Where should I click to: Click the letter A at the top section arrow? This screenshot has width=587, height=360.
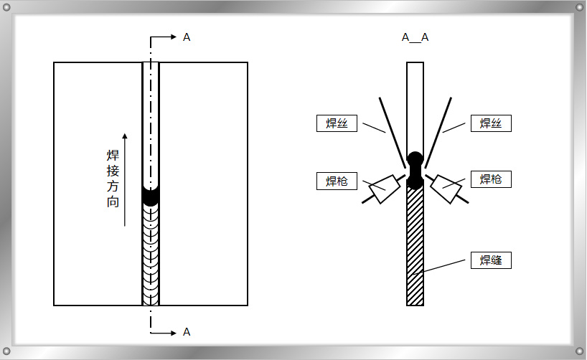(x=187, y=37)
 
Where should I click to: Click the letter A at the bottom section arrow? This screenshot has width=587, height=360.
(x=187, y=332)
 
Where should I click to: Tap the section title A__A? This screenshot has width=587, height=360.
(x=415, y=37)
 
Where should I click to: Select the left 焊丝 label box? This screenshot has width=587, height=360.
(x=337, y=123)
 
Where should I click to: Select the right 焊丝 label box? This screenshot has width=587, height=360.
(x=491, y=123)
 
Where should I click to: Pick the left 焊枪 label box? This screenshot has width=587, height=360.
(x=337, y=181)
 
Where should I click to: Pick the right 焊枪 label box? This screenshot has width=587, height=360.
(x=491, y=179)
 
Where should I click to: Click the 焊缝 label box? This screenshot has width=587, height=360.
(x=491, y=260)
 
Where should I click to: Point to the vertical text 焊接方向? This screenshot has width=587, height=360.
(x=113, y=179)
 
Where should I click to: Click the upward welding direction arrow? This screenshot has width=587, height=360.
(x=125, y=179)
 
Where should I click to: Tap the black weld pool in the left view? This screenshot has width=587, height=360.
(x=151, y=196)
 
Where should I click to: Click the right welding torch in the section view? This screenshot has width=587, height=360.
(x=447, y=188)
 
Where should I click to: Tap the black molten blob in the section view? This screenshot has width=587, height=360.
(x=415, y=170)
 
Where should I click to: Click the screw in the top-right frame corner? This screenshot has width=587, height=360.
(x=578, y=7)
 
